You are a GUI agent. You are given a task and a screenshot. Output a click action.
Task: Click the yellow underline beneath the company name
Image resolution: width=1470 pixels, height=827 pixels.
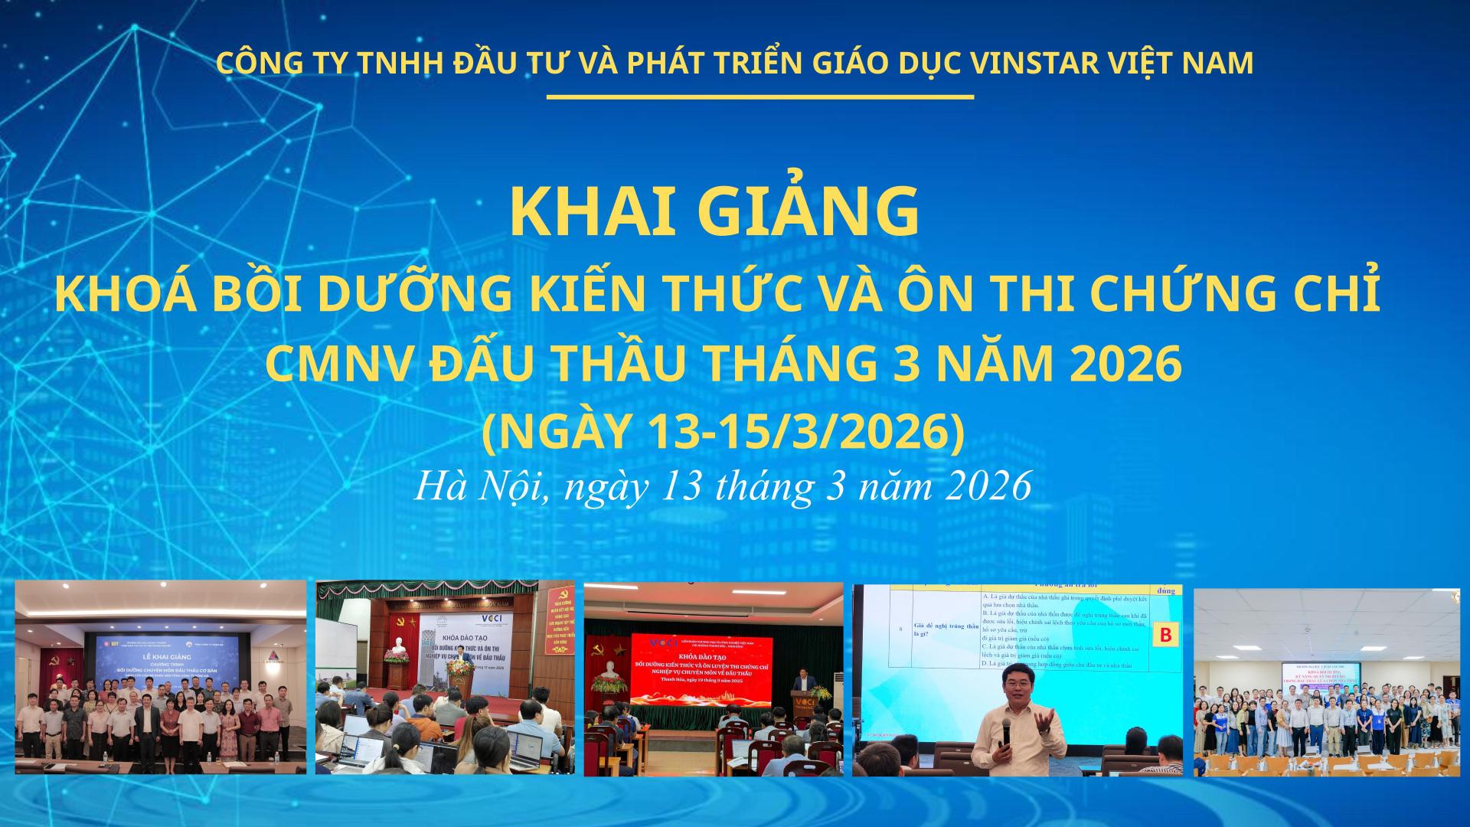point(759,97)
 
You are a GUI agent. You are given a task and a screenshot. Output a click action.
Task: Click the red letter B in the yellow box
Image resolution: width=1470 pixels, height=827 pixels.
point(1166,635)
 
